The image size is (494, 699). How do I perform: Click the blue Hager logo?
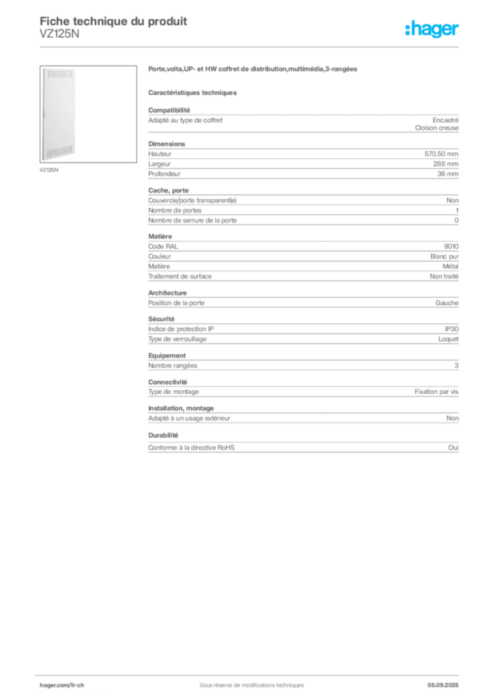[x=433, y=30]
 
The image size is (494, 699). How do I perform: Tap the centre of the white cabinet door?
[x=58, y=114]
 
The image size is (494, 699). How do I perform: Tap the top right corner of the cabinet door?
[x=74, y=69]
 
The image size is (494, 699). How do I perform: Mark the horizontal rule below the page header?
[x=251, y=46]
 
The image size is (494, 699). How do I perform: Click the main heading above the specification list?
[x=252, y=70]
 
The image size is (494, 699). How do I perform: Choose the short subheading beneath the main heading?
[x=193, y=91]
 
